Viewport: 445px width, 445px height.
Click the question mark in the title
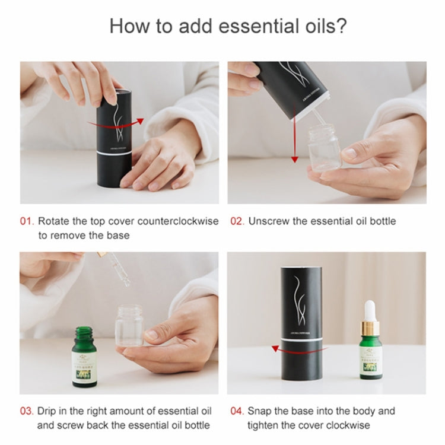tap(342, 27)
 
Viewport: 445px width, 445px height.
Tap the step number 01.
tap(27, 221)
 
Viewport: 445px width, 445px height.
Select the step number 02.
tap(237, 221)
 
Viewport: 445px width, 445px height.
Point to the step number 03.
tap(27, 411)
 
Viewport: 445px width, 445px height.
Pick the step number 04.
tap(237, 411)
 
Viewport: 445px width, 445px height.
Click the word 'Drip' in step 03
tap(48, 411)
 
